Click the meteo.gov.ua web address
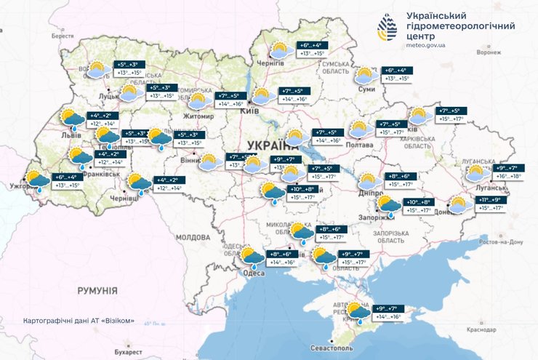point(426,45)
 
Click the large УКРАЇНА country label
point(270,143)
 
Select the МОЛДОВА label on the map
point(192,237)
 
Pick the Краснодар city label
point(502,329)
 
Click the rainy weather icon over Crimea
point(358,313)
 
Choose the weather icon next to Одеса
point(252,257)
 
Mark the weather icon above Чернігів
point(280,50)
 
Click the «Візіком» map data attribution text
point(79,320)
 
